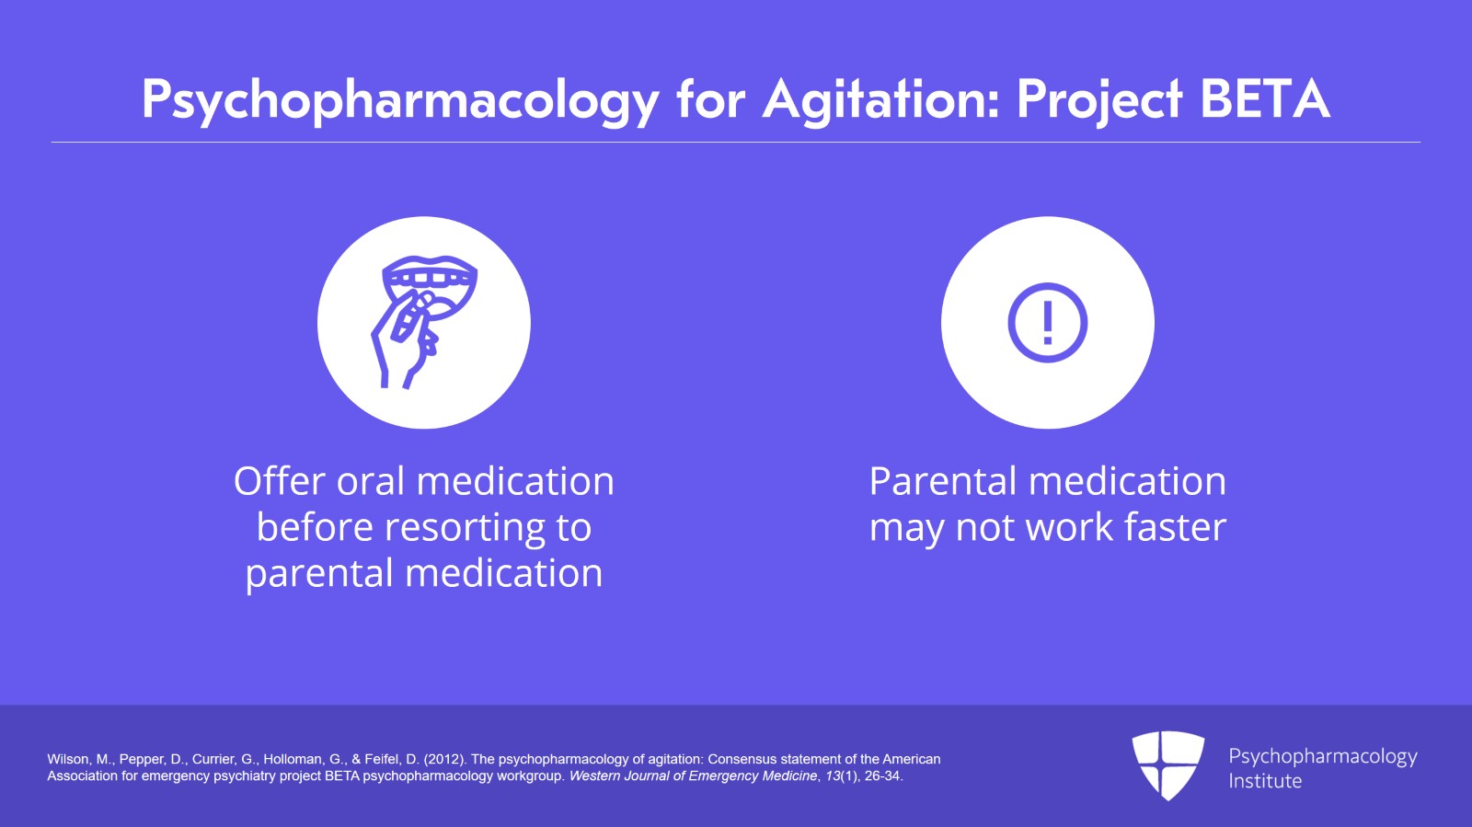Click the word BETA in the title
[1265, 100]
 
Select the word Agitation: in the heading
[881, 102]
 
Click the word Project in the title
[1100, 102]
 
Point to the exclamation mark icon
[1048, 323]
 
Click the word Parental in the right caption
[943, 480]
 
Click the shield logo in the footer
[1167, 765]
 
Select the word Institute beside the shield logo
[1265, 781]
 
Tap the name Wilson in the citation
[69, 759]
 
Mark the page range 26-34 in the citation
[883, 776]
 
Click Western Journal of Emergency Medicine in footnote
[693, 776]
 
